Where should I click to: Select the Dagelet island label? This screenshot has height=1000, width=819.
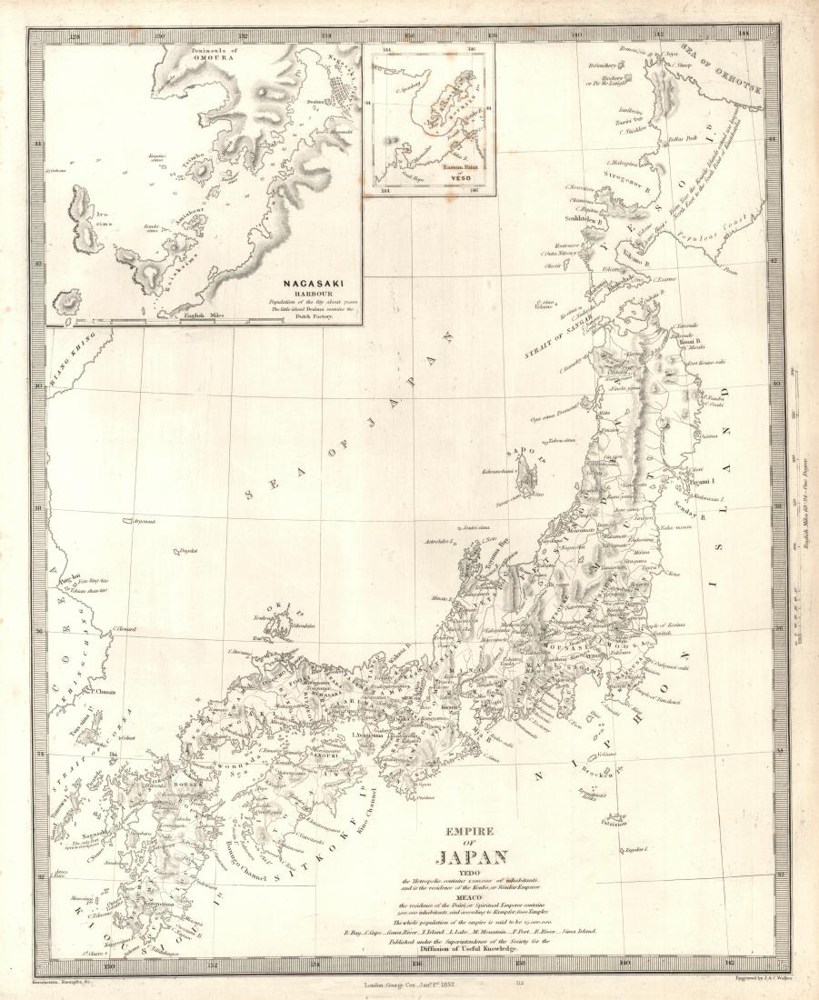pyautogui.click(x=188, y=550)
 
